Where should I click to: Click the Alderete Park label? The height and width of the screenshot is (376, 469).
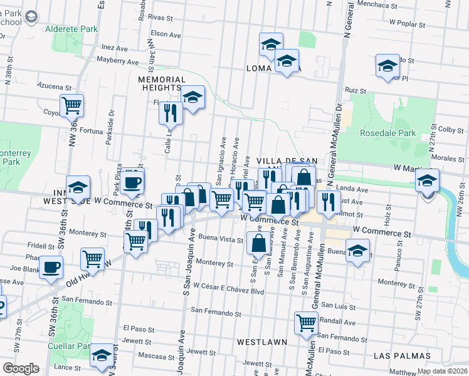pos(71,29)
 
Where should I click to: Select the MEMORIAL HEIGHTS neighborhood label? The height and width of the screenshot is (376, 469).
pos(162,84)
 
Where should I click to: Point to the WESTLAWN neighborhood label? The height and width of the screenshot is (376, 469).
pos(262,342)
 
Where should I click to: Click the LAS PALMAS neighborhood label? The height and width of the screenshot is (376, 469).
pos(401,355)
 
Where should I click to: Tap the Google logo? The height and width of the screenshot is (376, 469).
pos(21,368)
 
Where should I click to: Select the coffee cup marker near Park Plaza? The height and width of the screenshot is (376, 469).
pos(132,182)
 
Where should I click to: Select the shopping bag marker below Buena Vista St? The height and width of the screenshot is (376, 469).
pos(258,243)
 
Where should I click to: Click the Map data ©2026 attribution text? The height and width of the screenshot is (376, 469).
pos(441,371)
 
